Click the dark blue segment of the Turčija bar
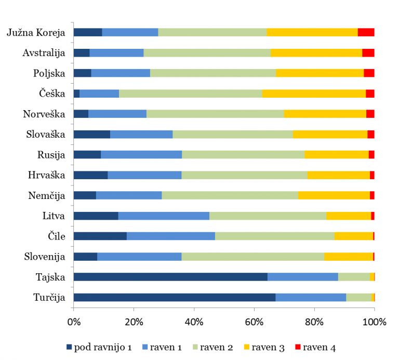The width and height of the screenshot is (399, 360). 174,297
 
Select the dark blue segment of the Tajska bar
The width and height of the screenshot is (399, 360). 170,277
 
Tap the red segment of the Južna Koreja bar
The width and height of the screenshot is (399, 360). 366,32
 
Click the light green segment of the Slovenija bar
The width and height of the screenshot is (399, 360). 252,257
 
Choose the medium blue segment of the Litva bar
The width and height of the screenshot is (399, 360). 164,216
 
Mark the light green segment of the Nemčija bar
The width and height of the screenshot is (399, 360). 230,195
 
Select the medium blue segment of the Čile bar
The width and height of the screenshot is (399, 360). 171,236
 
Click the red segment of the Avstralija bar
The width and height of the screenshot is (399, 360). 368,52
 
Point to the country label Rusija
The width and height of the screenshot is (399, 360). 51,155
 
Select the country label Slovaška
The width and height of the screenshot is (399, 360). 45,135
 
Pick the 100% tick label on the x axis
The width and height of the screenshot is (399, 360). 374,322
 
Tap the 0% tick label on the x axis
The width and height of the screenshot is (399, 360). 74,322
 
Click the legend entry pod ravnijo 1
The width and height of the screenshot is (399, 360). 102,347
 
